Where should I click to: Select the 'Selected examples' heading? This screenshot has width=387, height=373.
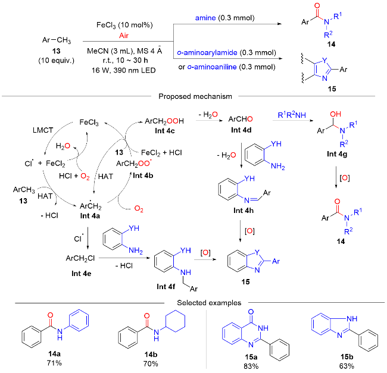tap(193, 303)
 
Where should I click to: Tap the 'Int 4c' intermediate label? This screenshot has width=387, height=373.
tap(82, 272)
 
